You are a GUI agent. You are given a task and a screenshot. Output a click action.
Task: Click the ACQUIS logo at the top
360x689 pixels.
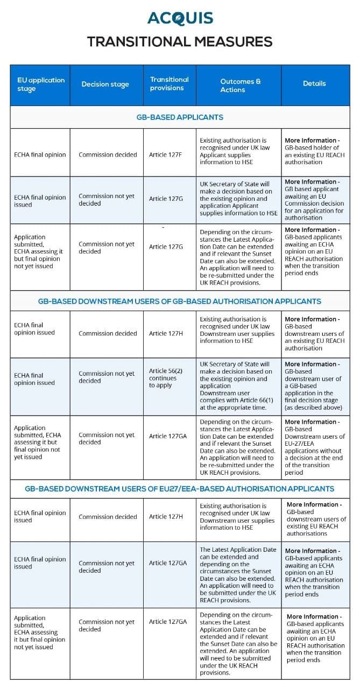[180, 18]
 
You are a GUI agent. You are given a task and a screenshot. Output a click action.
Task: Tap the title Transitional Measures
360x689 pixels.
[180, 41]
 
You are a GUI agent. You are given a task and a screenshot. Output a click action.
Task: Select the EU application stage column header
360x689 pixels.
[40, 84]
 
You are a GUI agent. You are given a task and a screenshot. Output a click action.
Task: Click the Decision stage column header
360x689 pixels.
[105, 84]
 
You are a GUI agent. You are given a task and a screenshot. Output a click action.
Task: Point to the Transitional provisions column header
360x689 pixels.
[169, 83]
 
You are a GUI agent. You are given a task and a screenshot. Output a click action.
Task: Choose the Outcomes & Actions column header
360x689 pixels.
[238, 85]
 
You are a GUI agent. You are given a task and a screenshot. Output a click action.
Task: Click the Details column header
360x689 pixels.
[314, 83]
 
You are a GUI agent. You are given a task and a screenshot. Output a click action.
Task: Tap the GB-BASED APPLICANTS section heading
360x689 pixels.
[180, 117]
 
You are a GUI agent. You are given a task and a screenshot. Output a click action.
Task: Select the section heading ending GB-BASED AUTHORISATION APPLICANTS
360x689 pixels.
[180, 301]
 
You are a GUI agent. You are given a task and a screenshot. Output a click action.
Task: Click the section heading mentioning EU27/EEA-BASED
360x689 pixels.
[180, 489]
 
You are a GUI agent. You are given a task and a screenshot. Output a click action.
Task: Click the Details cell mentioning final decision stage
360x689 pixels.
[314, 386]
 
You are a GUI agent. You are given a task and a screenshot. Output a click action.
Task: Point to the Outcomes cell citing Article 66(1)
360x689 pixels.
[238, 386]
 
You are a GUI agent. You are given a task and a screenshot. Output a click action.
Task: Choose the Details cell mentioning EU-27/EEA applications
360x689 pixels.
[314, 447]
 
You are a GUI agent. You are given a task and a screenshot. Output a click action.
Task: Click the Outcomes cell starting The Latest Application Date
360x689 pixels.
[238, 574]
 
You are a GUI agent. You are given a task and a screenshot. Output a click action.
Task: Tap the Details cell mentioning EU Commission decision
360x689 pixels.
[314, 200]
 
